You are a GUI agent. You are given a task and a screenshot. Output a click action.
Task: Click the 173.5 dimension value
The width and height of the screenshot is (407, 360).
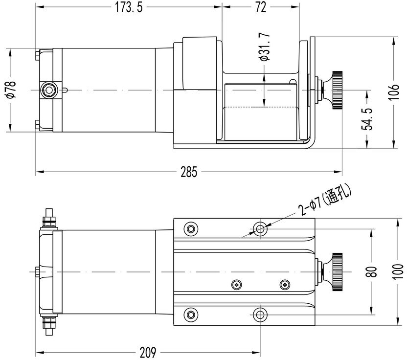coord(126,8)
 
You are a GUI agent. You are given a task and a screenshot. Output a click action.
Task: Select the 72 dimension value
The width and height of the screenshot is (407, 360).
coord(261,8)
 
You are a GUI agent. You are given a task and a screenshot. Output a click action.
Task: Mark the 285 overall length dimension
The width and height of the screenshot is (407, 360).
coord(189,172)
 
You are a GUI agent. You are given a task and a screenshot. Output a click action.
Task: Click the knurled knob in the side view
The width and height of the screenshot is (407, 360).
coord(337,90)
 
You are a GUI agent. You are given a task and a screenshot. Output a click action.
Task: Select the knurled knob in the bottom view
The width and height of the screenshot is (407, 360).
coord(337,271)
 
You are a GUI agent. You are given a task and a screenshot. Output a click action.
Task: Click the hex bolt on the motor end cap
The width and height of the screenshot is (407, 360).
coord(48,90)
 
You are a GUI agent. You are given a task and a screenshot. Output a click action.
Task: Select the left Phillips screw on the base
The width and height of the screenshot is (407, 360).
coord(237,284)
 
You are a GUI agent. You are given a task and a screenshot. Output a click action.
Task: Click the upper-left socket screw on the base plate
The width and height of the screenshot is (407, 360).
coord(190,227)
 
